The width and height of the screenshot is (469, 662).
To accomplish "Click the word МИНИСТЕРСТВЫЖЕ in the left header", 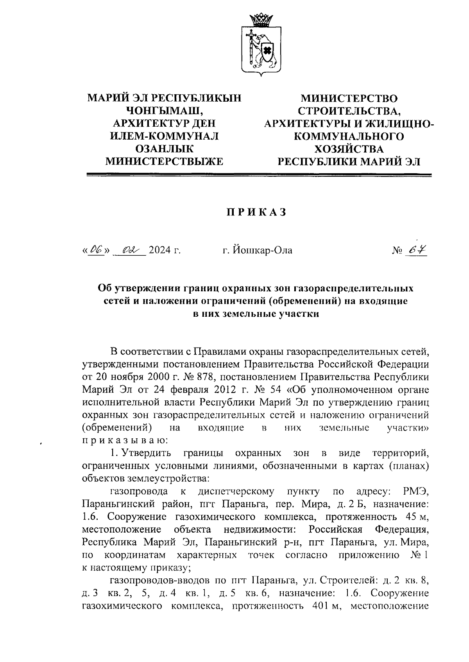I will (165, 161).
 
